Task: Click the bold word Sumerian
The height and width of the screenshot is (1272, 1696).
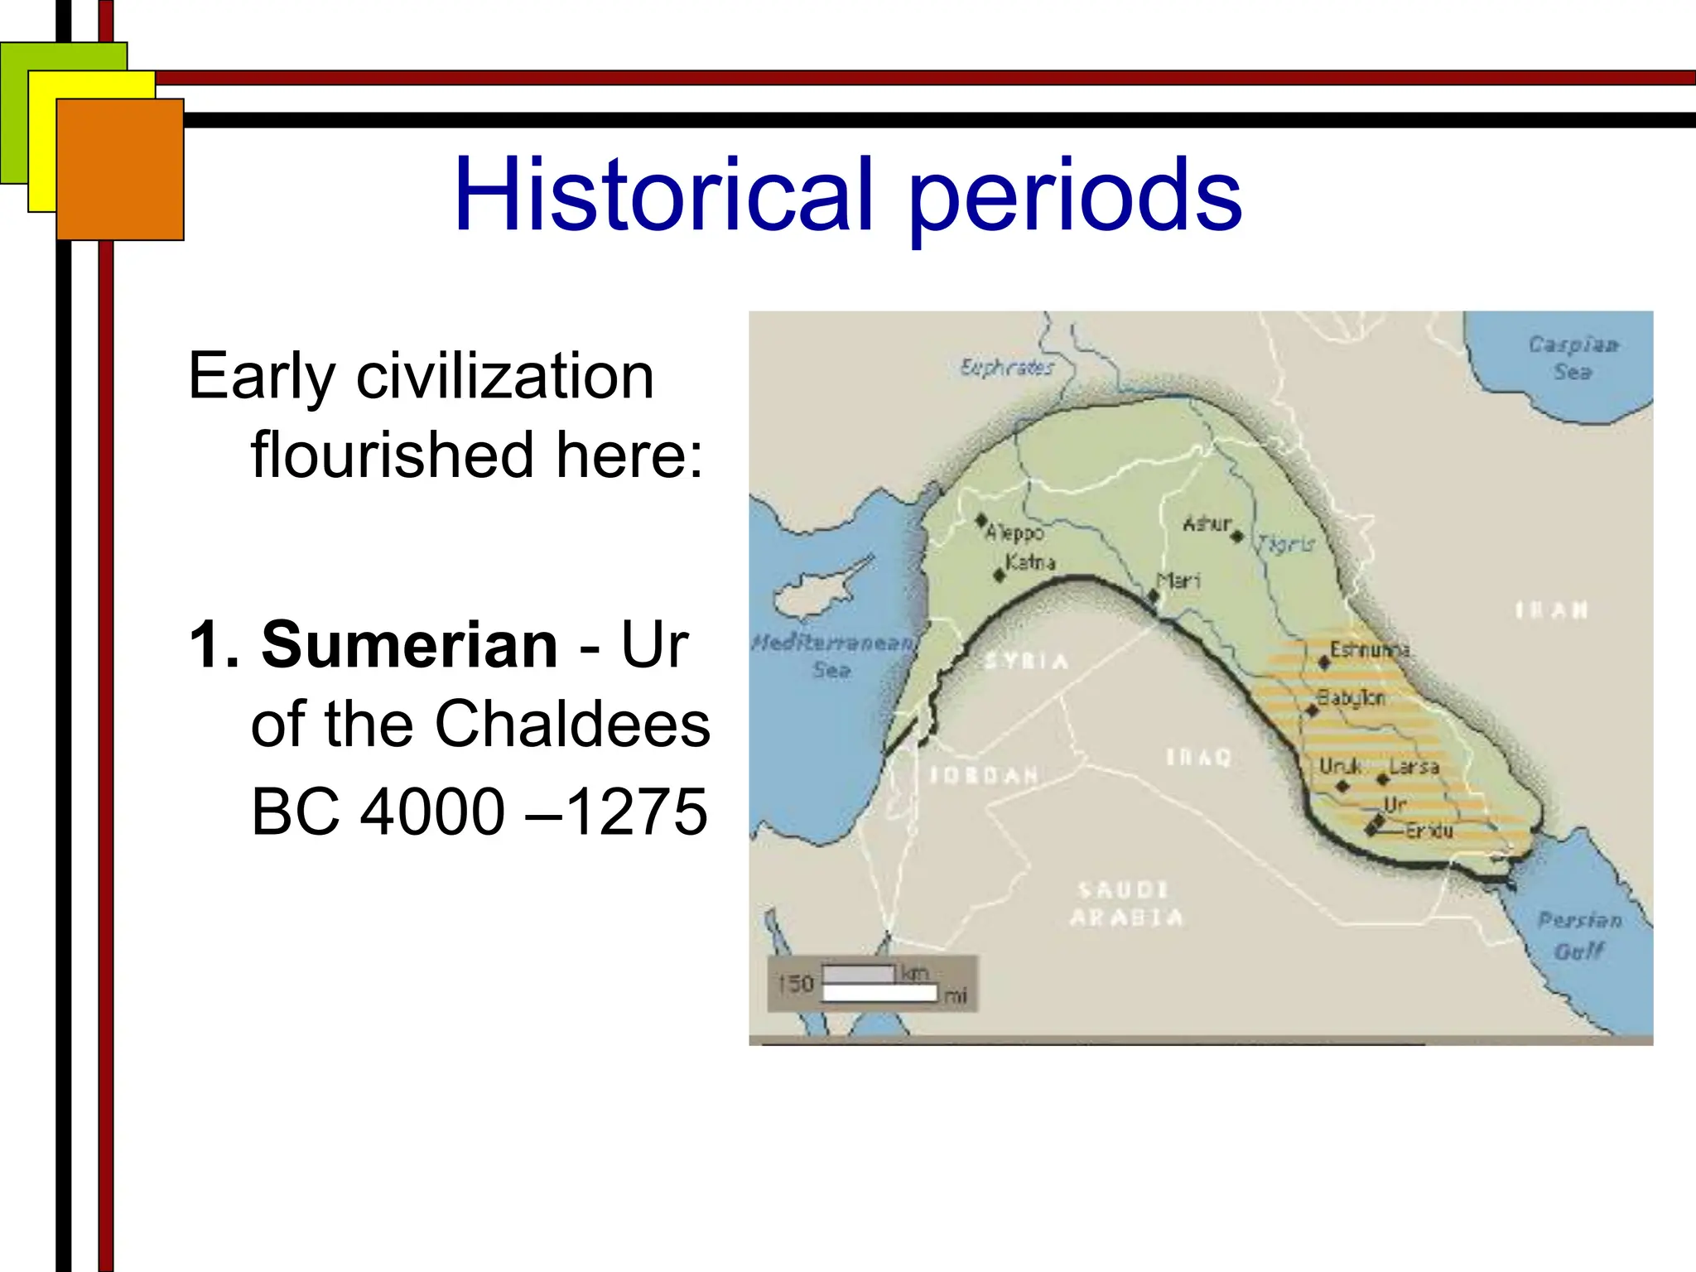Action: (x=410, y=645)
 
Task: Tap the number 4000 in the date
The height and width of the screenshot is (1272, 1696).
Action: (x=432, y=812)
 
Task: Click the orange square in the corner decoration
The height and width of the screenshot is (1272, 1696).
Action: (x=120, y=170)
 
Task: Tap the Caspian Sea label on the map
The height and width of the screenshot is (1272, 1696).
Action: (x=1573, y=358)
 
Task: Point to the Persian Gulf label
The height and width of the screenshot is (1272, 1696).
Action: (x=1579, y=935)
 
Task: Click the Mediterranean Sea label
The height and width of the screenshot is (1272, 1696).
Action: (x=832, y=656)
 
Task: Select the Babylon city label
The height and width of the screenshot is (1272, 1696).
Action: (x=1351, y=698)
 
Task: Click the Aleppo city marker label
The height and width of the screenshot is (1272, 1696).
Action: (x=1014, y=532)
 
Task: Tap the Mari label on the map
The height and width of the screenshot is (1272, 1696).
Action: (x=1178, y=581)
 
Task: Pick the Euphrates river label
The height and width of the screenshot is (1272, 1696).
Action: (x=1006, y=367)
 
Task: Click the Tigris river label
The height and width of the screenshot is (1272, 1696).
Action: (x=1286, y=544)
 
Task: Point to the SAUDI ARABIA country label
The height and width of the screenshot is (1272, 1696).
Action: (x=1125, y=903)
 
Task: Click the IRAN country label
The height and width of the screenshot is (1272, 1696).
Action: (x=1551, y=610)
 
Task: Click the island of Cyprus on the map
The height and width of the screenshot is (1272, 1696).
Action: (x=816, y=591)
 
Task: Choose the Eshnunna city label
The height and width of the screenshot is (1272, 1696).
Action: (x=1369, y=649)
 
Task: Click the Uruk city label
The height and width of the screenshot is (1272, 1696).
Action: (x=1339, y=766)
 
